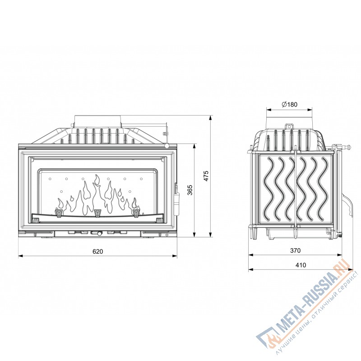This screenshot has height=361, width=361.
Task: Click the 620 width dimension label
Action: (98, 251)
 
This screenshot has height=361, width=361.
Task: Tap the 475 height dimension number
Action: (206, 176)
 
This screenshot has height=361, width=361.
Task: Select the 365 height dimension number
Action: (190, 190)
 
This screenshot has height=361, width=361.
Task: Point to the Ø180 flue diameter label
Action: (289, 104)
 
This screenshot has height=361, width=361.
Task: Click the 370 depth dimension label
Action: (295, 250)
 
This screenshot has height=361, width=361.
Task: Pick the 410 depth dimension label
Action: (301, 265)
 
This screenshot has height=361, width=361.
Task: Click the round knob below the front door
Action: (99, 234)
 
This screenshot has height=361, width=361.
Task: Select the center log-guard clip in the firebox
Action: (98, 213)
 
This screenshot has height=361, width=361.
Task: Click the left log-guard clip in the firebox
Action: (59, 213)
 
